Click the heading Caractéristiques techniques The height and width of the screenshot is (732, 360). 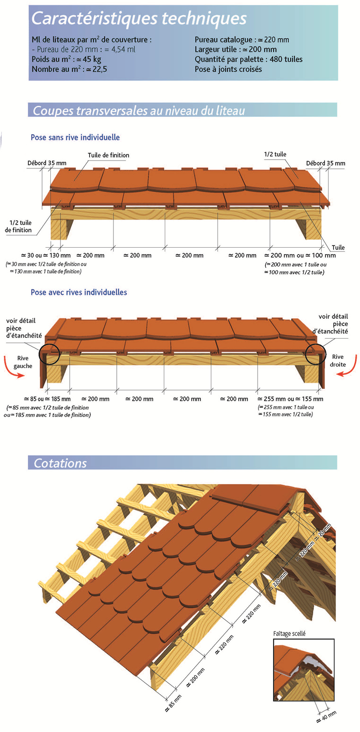tap(139, 18)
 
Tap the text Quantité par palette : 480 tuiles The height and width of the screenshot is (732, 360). tap(248, 59)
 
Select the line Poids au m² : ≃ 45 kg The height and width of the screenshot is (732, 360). tap(66, 59)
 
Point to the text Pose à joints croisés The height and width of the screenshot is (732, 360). tap(228, 69)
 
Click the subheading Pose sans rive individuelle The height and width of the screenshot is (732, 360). tap(75, 137)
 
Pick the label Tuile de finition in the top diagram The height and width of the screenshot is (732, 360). tap(108, 155)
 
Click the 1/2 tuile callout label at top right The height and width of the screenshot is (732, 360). tap(275, 154)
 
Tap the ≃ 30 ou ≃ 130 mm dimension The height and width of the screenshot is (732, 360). tap(46, 255)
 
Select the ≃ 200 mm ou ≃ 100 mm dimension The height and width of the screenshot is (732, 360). tap(300, 255)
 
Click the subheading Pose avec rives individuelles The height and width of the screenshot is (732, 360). tap(79, 292)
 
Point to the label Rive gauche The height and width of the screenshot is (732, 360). tap(23, 362)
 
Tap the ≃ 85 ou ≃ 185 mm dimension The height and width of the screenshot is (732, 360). tap(47, 399)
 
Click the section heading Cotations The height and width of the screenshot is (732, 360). tap(60, 463)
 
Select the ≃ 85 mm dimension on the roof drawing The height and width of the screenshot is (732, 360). tap(174, 703)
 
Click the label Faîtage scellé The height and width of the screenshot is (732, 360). tap(289, 633)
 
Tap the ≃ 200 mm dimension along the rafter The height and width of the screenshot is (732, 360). tap(196, 677)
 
